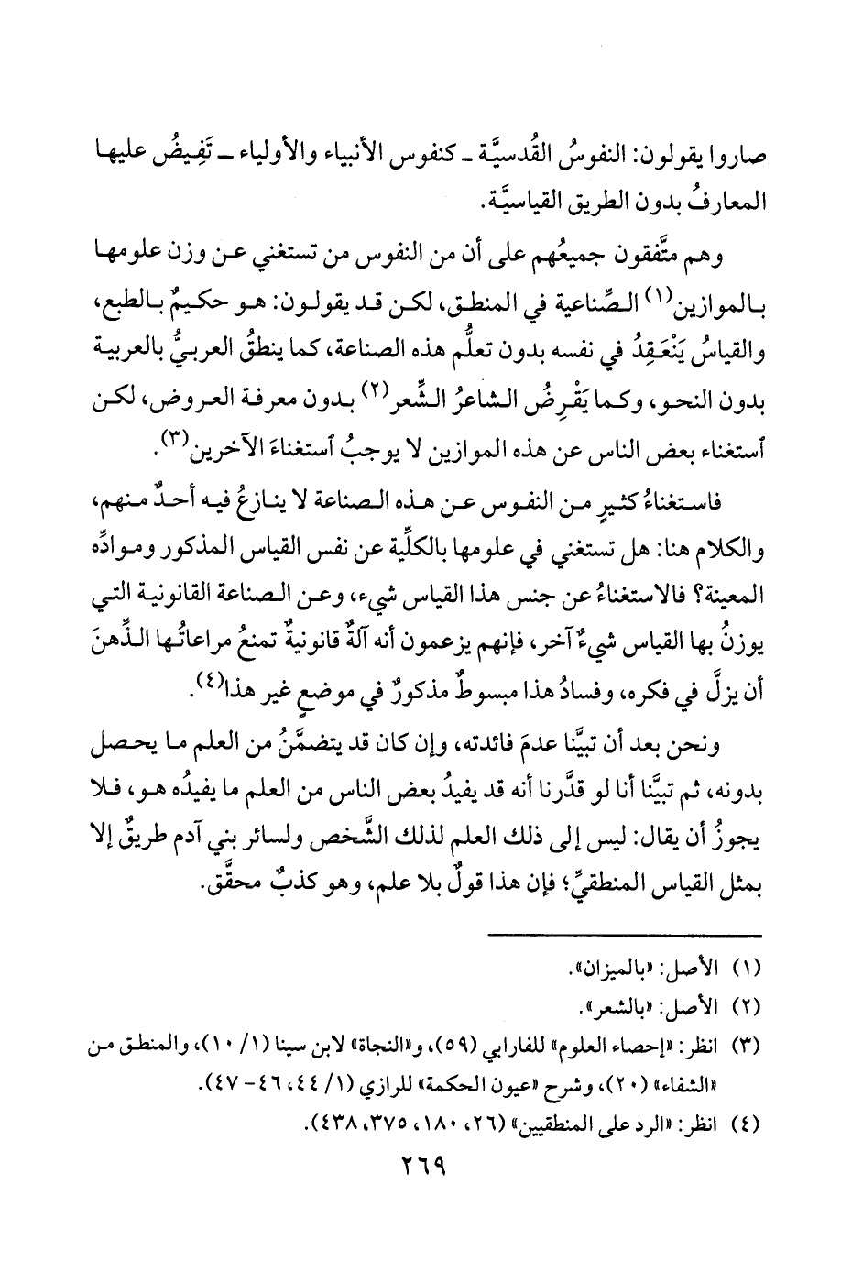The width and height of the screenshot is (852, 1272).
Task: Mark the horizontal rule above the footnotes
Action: tap(623, 934)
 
